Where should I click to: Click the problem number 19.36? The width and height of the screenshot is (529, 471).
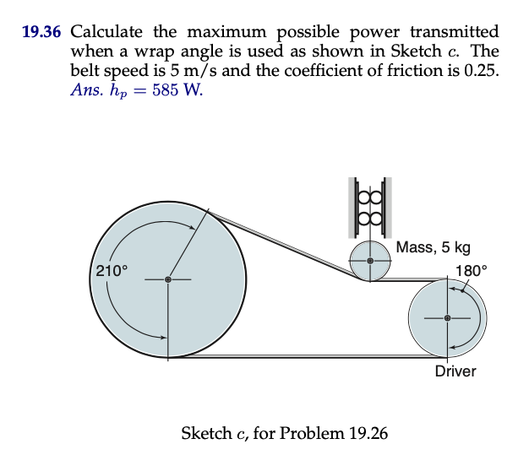click(42, 33)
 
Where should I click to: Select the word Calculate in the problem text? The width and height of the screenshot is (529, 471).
click(107, 33)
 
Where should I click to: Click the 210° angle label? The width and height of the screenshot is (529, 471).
click(111, 271)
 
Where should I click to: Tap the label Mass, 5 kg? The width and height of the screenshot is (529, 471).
click(433, 247)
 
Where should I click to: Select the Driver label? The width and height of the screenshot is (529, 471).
click(455, 371)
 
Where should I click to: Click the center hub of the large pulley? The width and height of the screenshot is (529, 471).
click(168, 279)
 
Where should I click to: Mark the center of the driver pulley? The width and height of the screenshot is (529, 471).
click(447, 318)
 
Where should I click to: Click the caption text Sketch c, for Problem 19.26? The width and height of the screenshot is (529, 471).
click(285, 434)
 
